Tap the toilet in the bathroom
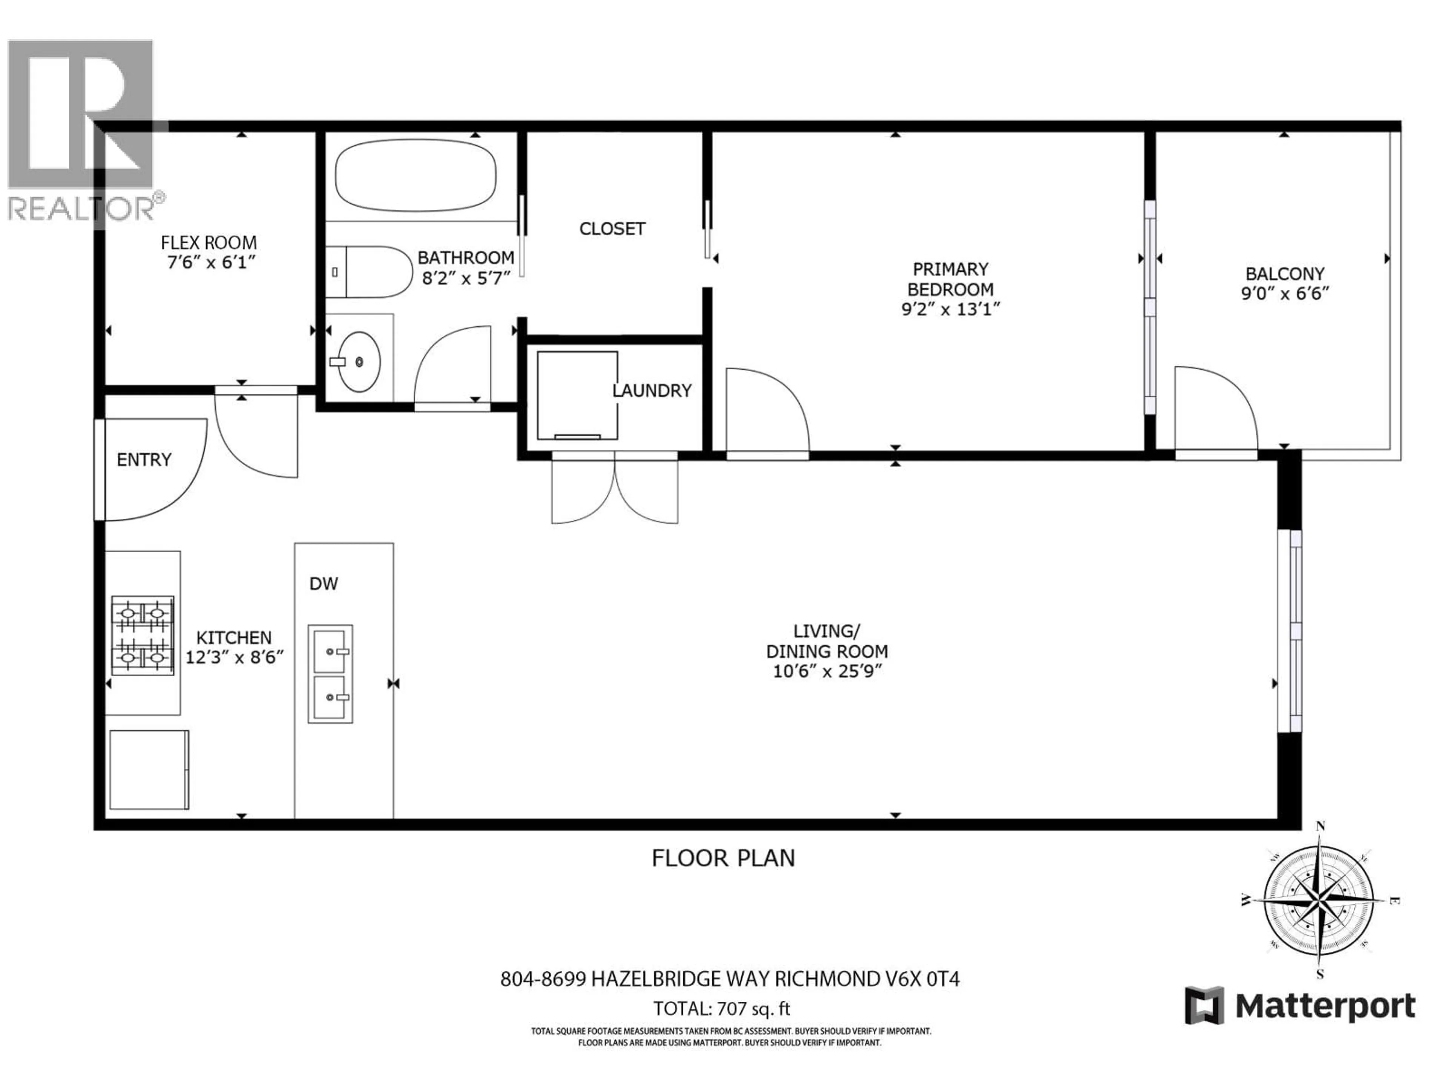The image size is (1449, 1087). pyautogui.click(x=367, y=271)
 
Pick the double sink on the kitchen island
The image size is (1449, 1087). pyautogui.click(x=330, y=674)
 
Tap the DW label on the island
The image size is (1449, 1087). pyautogui.click(x=324, y=584)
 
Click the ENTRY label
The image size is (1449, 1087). pyautogui.click(x=144, y=460)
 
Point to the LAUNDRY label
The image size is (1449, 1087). pyautogui.click(x=651, y=391)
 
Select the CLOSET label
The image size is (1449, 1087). pyautogui.click(x=612, y=229)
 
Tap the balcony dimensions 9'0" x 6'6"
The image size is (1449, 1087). pyautogui.click(x=1284, y=294)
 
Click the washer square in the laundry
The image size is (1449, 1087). pyautogui.click(x=577, y=395)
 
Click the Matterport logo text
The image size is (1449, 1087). pyautogui.click(x=1325, y=1006)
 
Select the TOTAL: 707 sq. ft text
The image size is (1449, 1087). pyautogui.click(x=721, y=1008)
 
